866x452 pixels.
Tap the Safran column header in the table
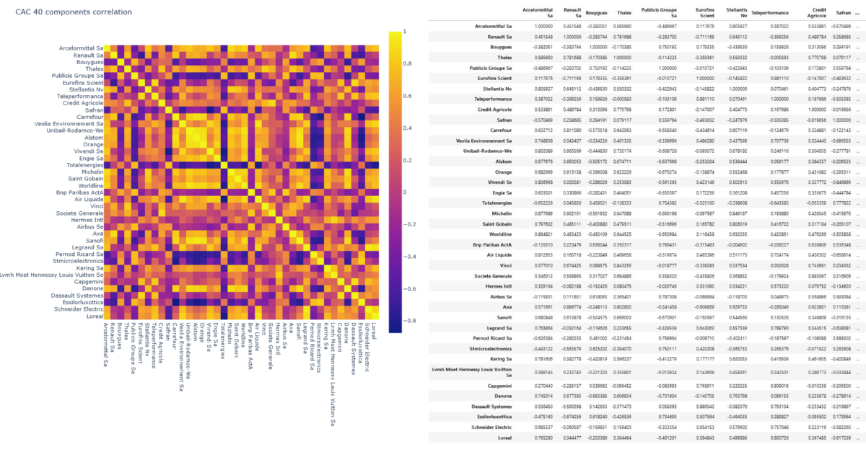click(843, 13)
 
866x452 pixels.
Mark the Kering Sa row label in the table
click(497, 358)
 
